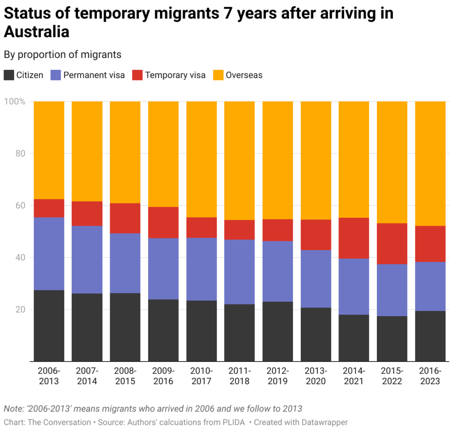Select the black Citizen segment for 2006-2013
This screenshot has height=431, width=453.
[x=49, y=325]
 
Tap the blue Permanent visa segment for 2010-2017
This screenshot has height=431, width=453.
[x=201, y=269]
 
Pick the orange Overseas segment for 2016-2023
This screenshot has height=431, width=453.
[x=430, y=163]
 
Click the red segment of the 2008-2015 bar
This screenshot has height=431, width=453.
[x=125, y=218]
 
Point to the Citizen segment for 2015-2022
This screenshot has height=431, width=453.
[x=392, y=339]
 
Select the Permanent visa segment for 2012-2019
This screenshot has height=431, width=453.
[x=278, y=271]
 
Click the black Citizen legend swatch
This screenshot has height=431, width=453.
[x=9, y=75]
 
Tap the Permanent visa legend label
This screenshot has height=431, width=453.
[x=94, y=75]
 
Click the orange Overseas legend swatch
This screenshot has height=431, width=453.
[x=219, y=75]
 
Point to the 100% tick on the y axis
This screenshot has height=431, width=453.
[x=15, y=101]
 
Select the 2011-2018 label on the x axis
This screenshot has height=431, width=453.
[x=239, y=376]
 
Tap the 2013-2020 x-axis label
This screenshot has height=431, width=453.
[x=316, y=376]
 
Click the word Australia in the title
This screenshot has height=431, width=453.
[x=37, y=32]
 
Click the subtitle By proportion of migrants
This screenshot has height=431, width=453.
[x=62, y=54]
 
